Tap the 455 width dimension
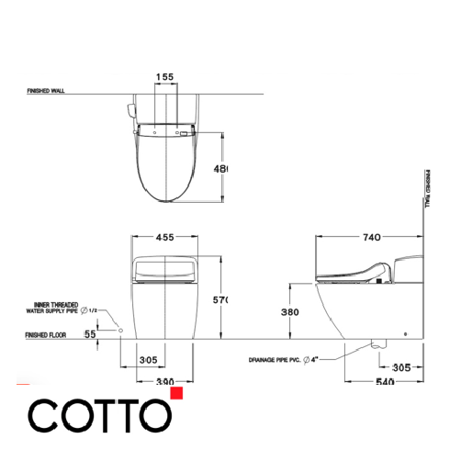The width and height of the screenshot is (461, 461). point(165,236)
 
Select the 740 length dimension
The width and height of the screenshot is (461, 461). point(371,237)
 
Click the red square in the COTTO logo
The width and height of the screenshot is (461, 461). point(177,394)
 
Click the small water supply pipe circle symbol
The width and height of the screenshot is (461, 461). point(120,329)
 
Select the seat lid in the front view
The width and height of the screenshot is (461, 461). point(165,268)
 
